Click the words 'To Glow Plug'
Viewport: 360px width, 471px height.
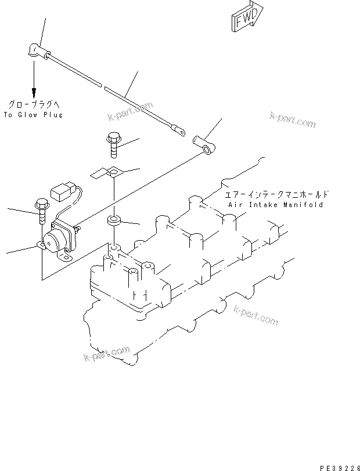pyautogui.click(x=33, y=115)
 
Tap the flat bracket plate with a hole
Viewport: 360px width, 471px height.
pyautogui.click(x=109, y=173)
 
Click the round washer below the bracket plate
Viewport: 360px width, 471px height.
pyautogui.click(x=113, y=221)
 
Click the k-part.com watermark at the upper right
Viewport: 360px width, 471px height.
pyautogui.click(x=293, y=120)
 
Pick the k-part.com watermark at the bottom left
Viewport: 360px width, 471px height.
pyautogui.click(x=106, y=352)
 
